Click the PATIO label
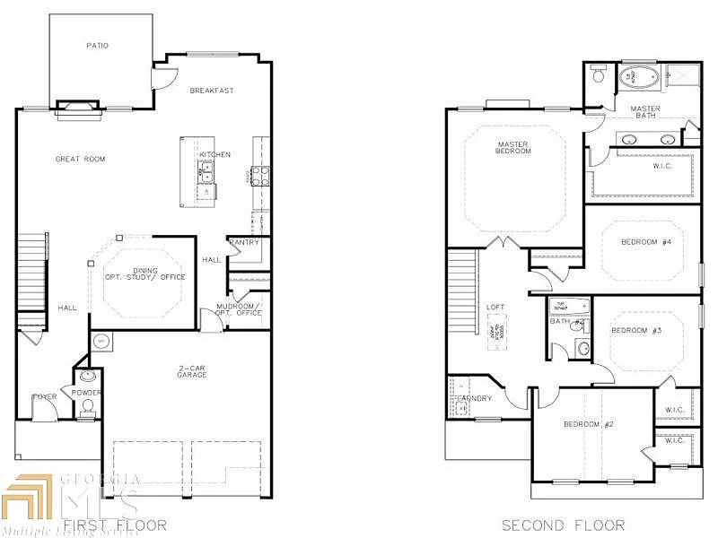point(97,46)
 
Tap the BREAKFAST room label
point(212,91)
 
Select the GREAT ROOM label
point(81,159)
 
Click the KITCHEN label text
point(215,154)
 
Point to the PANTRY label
point(244,242)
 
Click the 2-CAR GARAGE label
point(191,370)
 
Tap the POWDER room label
point(87,392)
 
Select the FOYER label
point(45,396)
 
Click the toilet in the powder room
point(87,409)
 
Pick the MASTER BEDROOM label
point(514,147)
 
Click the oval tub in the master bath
point(639,78)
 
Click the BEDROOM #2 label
point(588,424)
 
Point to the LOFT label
point(495,307)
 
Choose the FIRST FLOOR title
point(115,525)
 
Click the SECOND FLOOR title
point(563,525)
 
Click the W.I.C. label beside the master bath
point(639,165)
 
